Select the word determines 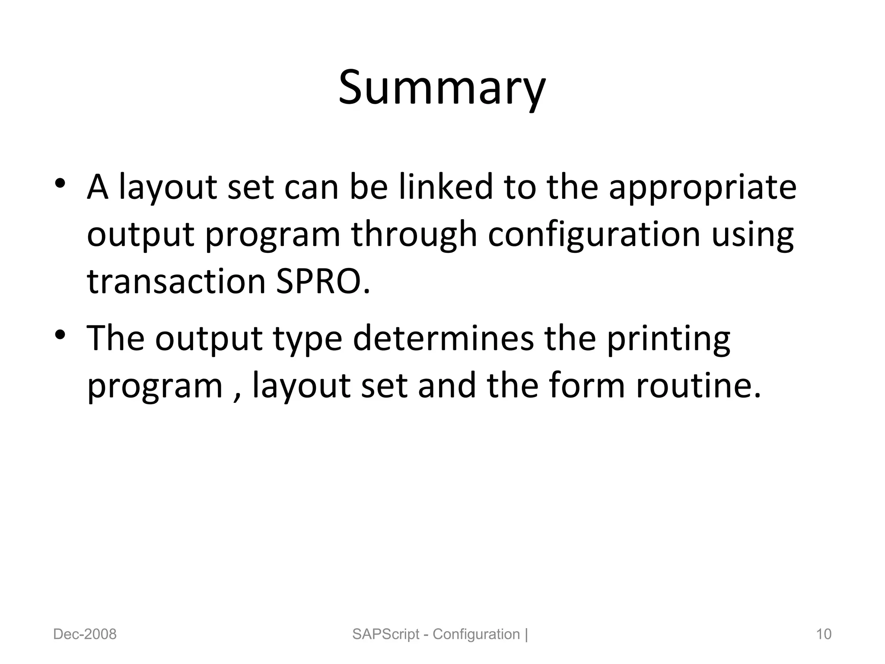coord(443,338)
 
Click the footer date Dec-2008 coord(85,634)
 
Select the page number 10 coord(823,634)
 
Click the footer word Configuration coord(476,634)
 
